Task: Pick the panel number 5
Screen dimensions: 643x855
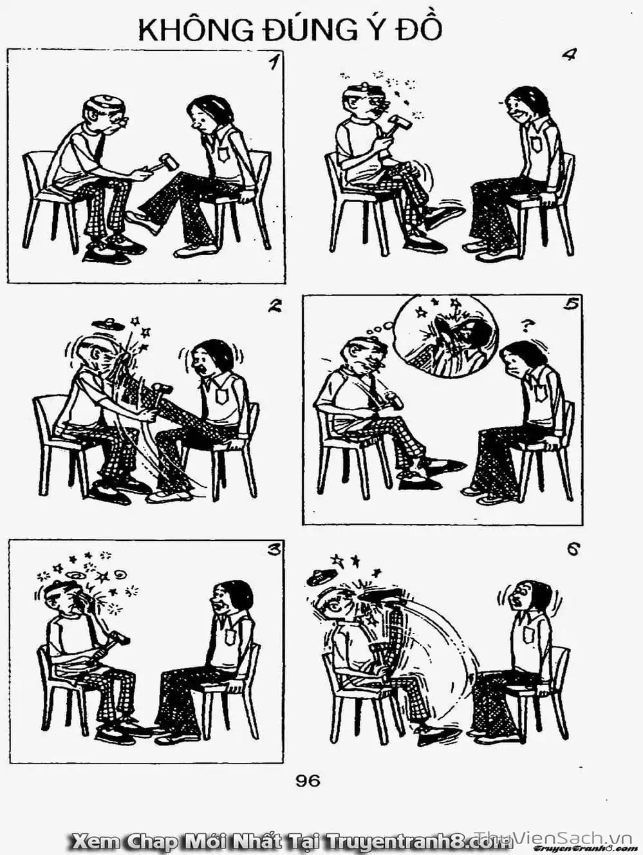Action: (572, 306)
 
